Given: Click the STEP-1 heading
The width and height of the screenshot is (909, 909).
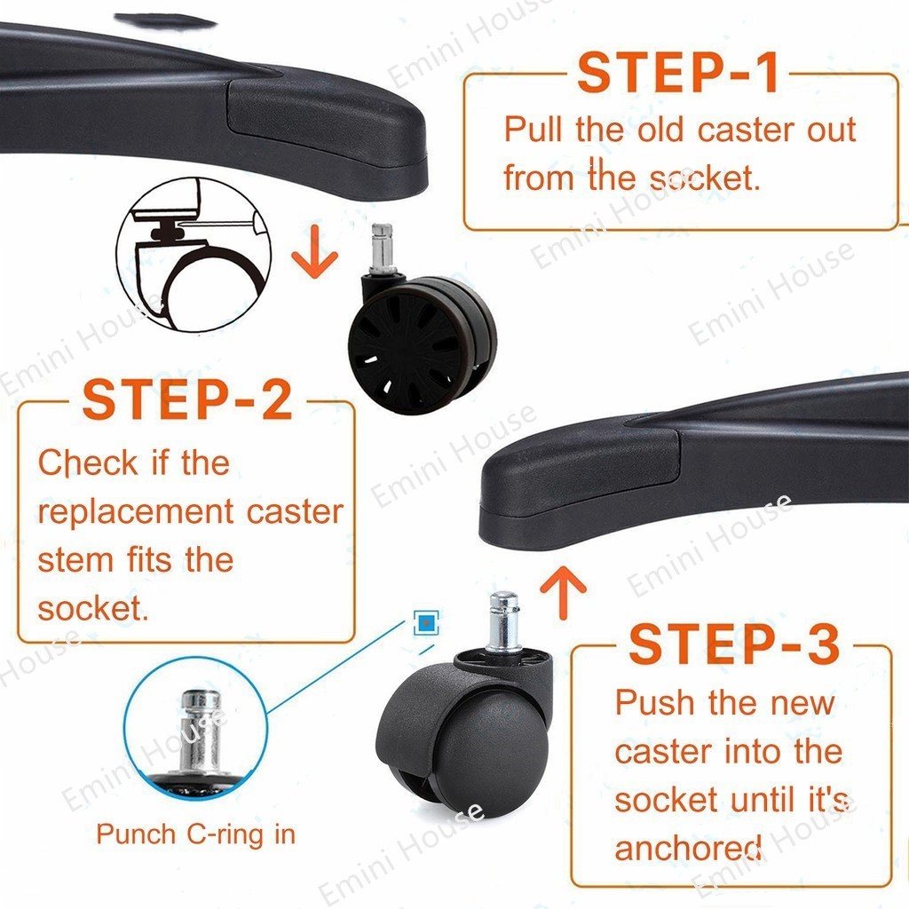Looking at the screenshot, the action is pos(677,73).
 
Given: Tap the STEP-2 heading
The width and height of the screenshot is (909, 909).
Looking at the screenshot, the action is pos(187,399).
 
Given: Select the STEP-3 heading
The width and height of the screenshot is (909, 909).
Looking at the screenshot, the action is pos(734,644).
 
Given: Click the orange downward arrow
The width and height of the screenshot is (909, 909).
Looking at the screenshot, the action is pos(315,251).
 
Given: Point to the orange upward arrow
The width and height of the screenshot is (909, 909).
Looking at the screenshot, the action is pos(563,592).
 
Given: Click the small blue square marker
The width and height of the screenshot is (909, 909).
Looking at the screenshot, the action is pos(427,622).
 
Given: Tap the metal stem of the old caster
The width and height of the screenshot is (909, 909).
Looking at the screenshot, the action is pos(383,249).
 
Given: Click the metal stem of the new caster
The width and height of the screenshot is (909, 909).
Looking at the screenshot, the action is pos(502,622).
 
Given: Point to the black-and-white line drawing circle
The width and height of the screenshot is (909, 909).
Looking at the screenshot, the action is pos(194,255).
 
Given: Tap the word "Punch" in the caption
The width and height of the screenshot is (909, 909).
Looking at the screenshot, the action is pos(136,834).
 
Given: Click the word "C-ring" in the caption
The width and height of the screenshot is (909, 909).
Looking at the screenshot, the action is pos(225,834).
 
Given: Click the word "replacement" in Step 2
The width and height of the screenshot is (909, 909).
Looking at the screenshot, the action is pos(136,512).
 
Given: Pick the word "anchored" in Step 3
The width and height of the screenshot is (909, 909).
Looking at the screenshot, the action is pos(688,849).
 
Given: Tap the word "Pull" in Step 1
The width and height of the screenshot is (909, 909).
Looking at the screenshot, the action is pos(534,129).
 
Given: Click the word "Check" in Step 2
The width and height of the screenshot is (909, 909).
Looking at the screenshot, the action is pos(88,462).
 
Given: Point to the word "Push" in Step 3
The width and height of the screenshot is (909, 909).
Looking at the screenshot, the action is pos(654,703).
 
